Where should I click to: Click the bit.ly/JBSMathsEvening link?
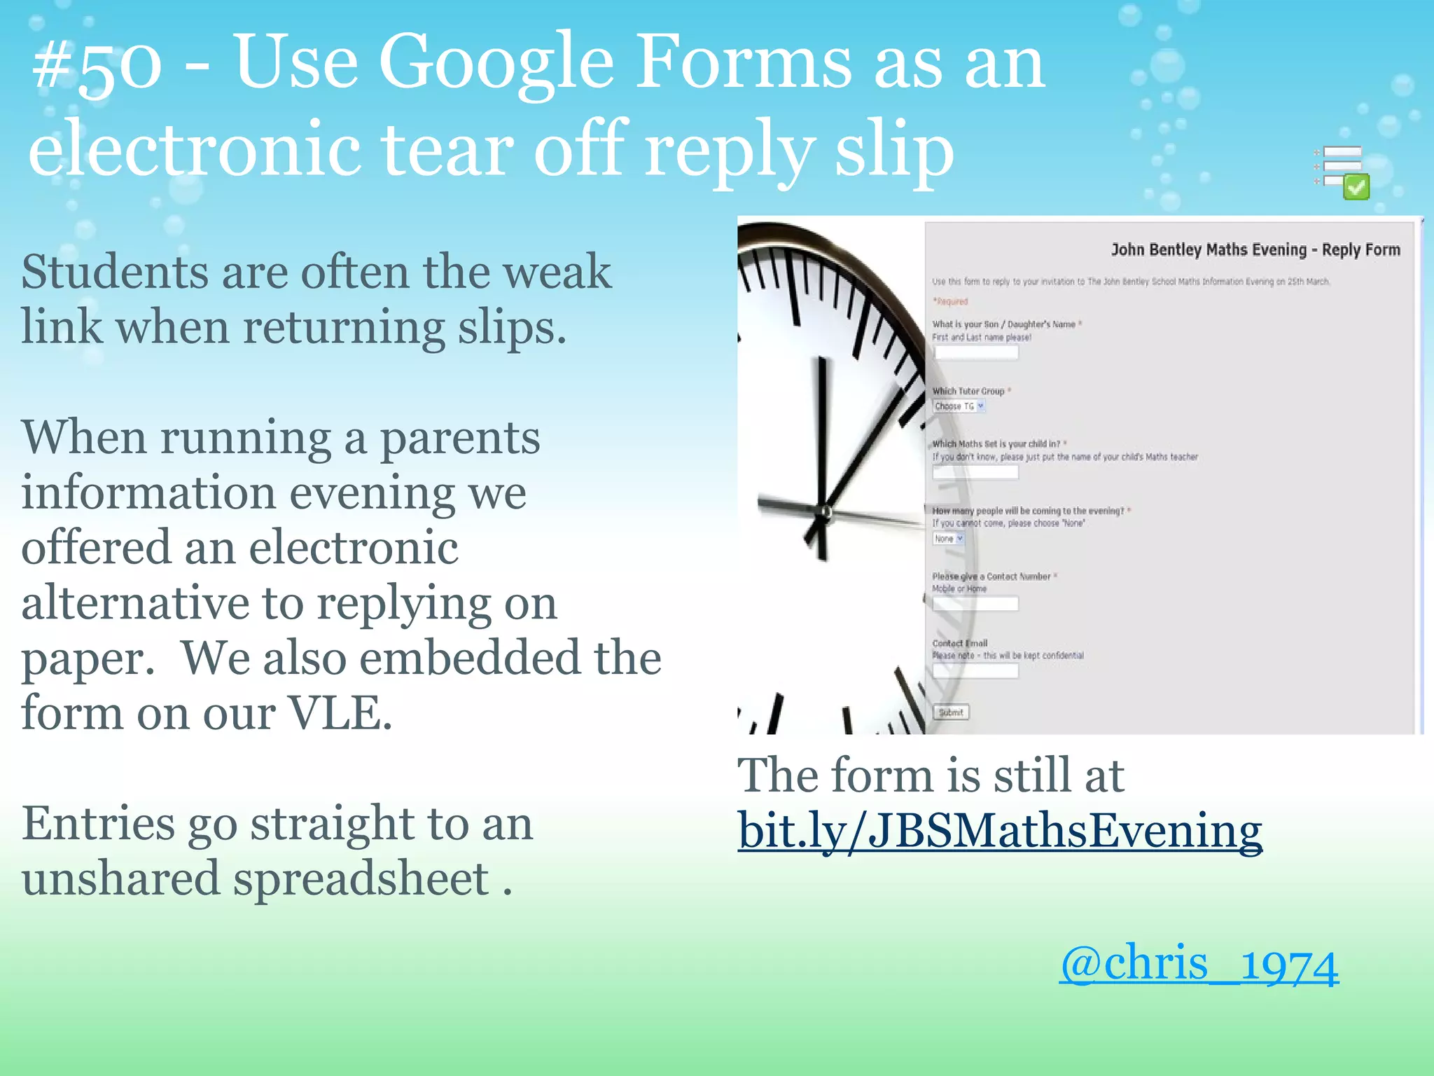pyautogui.click(x=999, y=832)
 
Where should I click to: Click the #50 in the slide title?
pyautogui.click(x=97, y=67)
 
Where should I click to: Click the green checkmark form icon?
pyautogui.click(x=1355, y=187)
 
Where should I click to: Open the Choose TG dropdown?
pyautogui.click(x=959, y=406)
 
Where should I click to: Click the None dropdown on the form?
pyautogui.click(x=948, y=539)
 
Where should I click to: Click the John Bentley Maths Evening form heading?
pyautogui.click(x=1255, y=250)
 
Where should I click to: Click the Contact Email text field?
pyautogui.click(x=975, y=671)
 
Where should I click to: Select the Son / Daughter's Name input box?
pyautogui.click(x=975, y=352)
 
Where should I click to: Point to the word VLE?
pyautogui.click(x=339, y=713)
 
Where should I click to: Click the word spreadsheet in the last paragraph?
pyautogui.click(x=360, y=879)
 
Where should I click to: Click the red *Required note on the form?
pyautogui.click(x=950, y=302)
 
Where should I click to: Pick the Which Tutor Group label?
pyautogui.click(x=968, y=391)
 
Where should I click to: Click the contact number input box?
pyautogui.click(x=975, y=604)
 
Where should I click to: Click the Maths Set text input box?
pyautogui.click(x=975, y=472)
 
